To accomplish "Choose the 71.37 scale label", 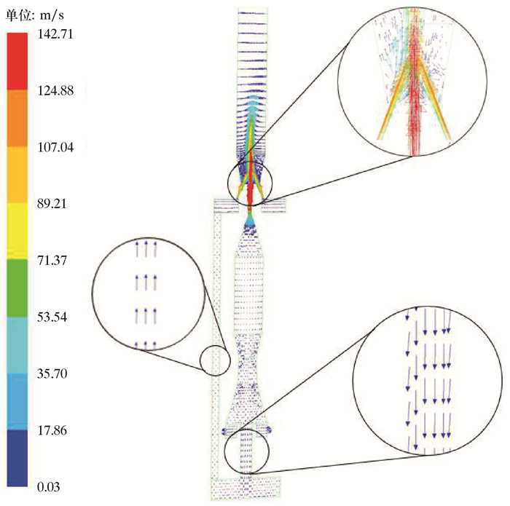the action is pos(52,260).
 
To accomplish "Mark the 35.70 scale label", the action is pos(52,373).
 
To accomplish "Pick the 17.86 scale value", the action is pos(52,430).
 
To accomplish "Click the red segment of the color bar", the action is pos(18,62).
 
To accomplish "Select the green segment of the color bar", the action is pos(18,288).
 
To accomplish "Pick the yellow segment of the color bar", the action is pos(18,232).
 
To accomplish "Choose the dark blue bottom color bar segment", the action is pos(18,458).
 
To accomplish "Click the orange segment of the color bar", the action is pos(18,119).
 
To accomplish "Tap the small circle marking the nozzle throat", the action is pos(250,183).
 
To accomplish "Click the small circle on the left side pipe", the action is pos(215,360).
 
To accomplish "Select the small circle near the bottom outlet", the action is pos(246,451).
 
